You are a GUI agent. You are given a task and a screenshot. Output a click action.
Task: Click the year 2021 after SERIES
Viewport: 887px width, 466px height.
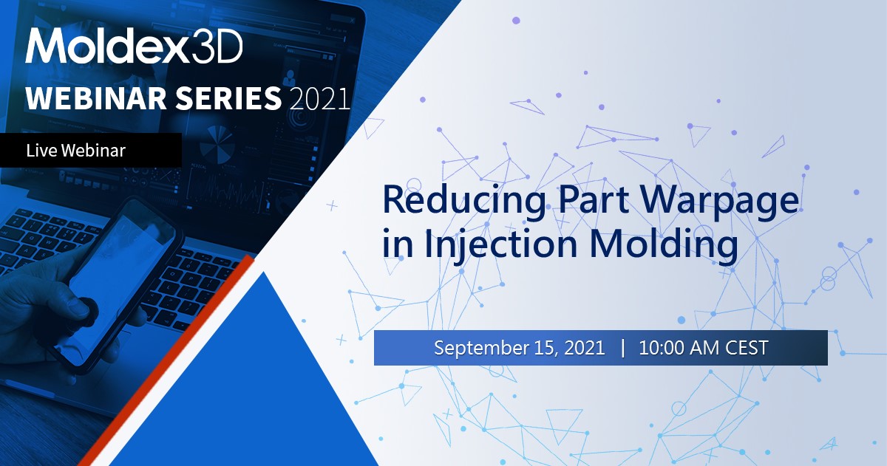click(x=321, y=98)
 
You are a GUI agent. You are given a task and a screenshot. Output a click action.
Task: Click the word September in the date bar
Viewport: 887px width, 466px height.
click(x=480, y=348)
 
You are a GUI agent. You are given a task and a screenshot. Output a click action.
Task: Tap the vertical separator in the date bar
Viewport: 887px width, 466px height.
click(x=622, y=347)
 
